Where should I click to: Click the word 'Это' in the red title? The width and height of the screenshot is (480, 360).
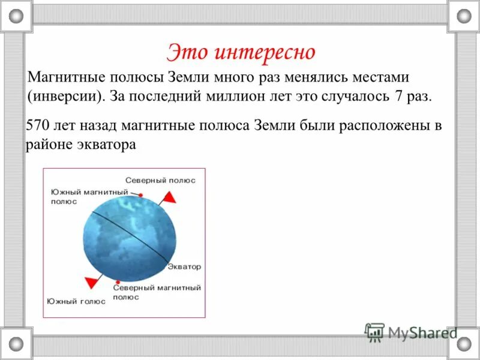(187, 52)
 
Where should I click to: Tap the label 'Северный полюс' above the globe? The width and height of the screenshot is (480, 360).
(160, 180)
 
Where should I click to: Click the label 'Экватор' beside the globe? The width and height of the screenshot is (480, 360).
(184, 266)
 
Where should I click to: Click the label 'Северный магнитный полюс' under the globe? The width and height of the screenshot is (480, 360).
(157, 292)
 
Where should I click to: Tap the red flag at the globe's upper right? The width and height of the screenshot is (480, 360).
(170, 197)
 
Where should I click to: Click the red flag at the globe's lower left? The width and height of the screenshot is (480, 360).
(92, 281)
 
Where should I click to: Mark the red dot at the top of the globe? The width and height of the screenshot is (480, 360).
(140, 194)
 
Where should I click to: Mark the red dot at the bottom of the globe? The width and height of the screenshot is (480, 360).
(119, 281)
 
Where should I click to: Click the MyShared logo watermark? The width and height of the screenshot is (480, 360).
(412, 332)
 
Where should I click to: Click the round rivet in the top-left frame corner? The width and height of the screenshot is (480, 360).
(16, 16)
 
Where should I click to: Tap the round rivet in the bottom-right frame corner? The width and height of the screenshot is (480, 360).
(464, 343)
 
